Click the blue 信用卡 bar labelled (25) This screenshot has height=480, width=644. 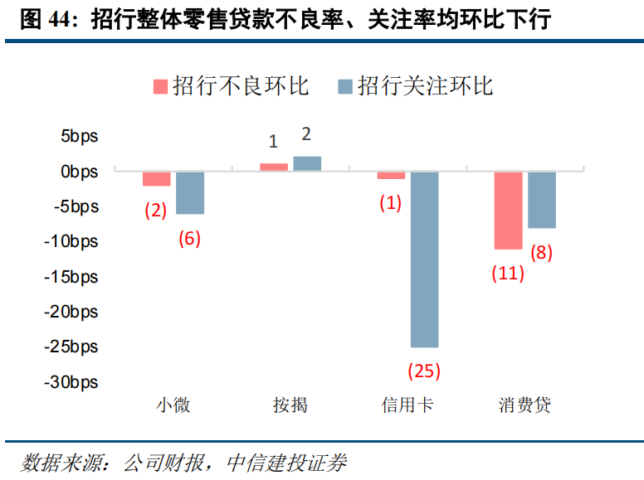point(424,259)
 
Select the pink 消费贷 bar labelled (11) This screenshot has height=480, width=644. point(509,210)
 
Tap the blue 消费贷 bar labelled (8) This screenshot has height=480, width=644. point(542,200)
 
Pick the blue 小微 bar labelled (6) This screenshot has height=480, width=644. point(190,192)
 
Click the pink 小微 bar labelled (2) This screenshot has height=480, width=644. point(156,179)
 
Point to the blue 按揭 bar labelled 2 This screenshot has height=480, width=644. point(307,163)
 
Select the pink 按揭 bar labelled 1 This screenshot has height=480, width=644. point(274,167)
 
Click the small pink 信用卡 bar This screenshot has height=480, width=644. point(391,175)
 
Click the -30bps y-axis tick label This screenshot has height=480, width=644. point(70,382)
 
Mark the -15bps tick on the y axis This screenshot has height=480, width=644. point(70,277)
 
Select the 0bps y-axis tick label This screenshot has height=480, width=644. point(78,172)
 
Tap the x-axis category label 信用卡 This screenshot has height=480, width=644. point(407,405)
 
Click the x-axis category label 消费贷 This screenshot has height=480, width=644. point(524,405)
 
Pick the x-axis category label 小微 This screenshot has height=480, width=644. point(173,405)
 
